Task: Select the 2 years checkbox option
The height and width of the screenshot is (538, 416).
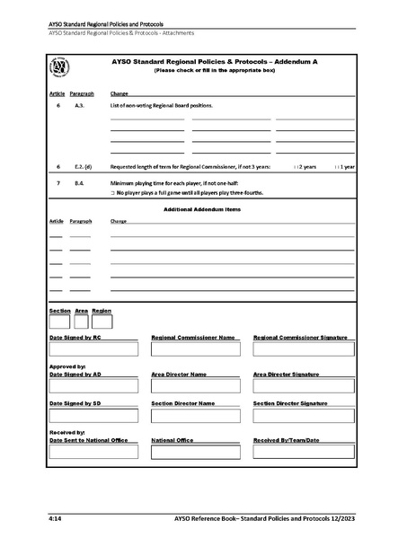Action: click(x=297, y=167)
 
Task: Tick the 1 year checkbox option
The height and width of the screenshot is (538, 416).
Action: click(x=336, y=167)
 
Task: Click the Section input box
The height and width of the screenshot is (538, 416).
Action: click(x=58, y=320)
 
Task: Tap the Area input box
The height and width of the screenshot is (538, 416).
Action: click(x=81, y=320)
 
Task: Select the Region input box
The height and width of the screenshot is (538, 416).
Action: click(x=102, y=320)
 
